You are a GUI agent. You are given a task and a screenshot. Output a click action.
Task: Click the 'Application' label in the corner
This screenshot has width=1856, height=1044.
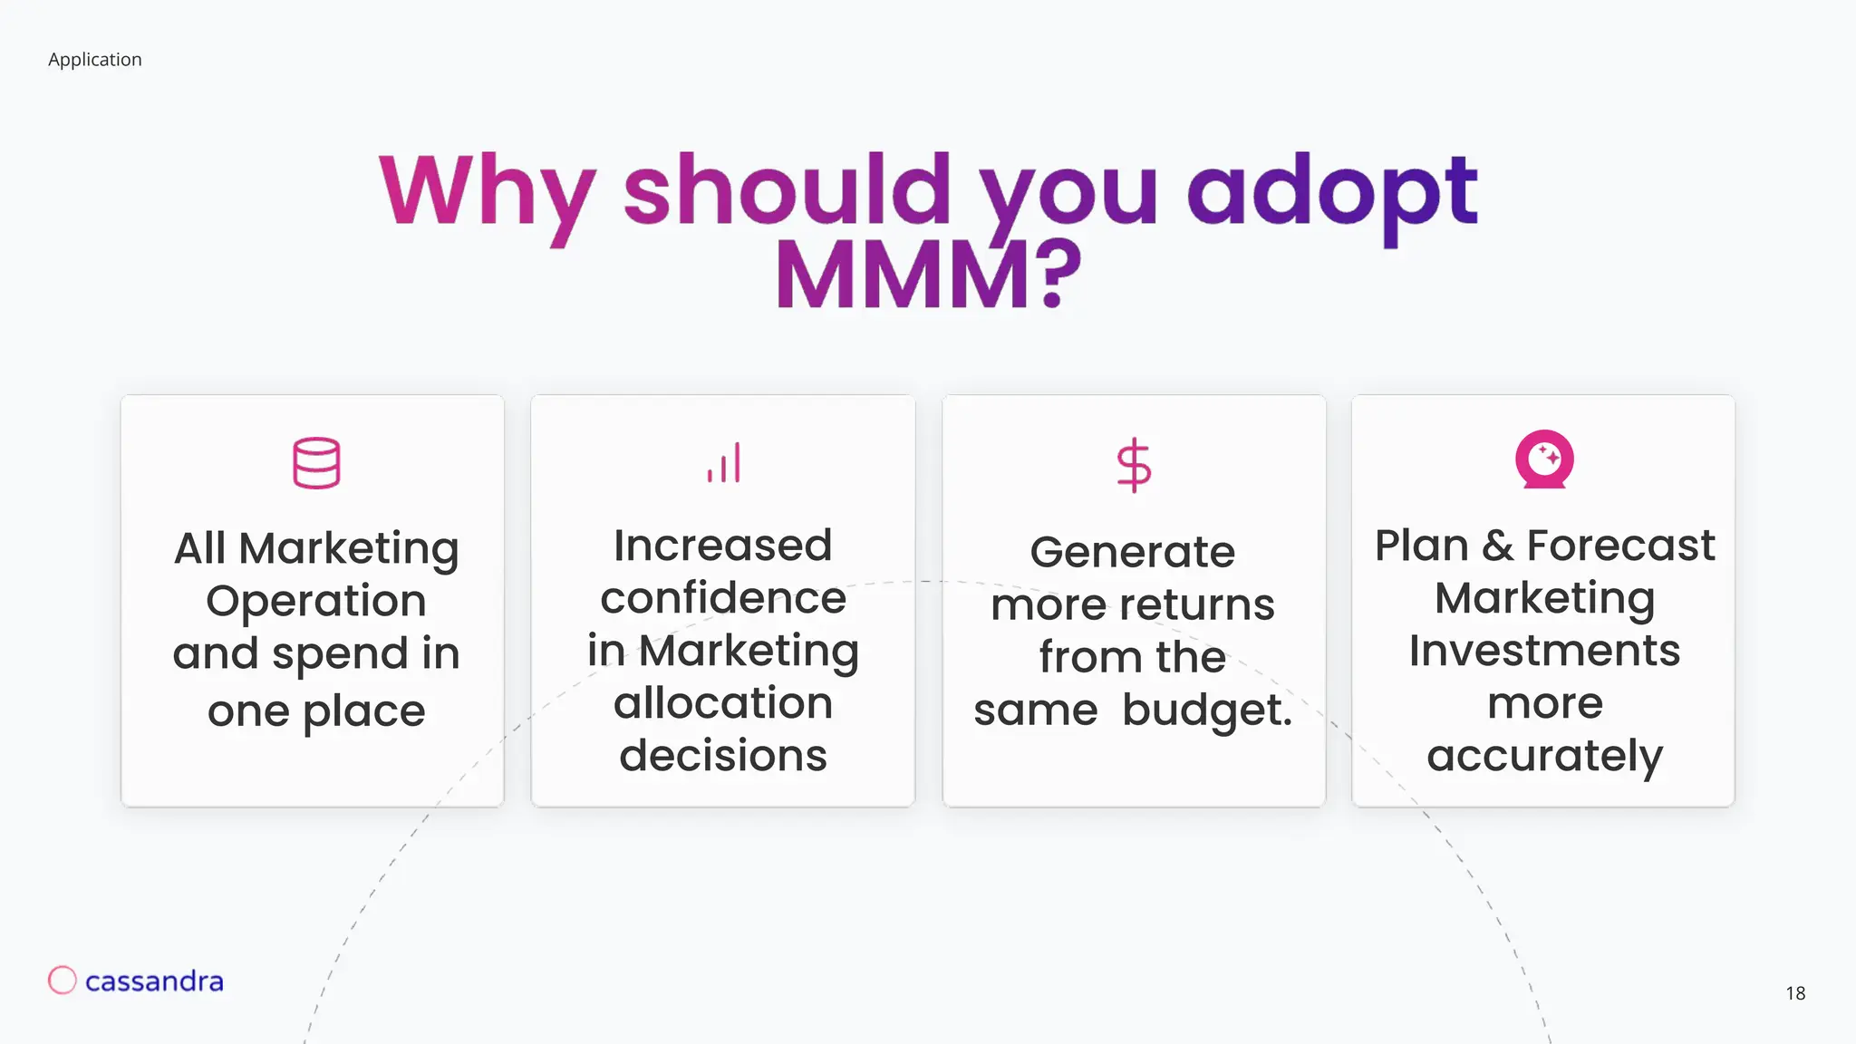coord(94,60)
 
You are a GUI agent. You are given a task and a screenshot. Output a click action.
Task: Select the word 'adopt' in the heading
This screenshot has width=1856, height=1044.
coord(1332,192)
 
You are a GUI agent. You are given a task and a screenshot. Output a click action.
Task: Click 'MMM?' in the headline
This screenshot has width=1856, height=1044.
coord(928,275)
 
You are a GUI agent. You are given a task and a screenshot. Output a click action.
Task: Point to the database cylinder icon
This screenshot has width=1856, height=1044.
coord(316,463)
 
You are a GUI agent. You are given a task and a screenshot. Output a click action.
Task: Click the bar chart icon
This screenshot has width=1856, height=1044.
coord(724,463)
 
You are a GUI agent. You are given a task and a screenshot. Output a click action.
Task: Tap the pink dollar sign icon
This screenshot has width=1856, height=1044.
coord(1134,465)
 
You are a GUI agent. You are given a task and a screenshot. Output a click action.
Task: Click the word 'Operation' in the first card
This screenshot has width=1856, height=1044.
coord(316,601)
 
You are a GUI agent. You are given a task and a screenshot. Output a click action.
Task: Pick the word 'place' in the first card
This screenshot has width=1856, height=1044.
coord(363,711)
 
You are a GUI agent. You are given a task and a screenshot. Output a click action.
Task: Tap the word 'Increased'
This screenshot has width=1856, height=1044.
coord(722,546)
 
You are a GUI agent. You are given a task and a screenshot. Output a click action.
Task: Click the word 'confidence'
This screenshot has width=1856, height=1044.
coord(722,598)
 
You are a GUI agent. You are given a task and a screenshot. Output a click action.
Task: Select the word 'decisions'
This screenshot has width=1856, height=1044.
coord(722,756)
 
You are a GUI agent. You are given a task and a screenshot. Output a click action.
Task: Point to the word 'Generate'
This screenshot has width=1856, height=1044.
coord(1132,552)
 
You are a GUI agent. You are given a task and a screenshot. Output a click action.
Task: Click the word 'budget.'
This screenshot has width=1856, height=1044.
coord(1206,710)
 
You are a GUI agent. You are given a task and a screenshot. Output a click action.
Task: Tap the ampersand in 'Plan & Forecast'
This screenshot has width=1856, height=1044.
coord(1497,546)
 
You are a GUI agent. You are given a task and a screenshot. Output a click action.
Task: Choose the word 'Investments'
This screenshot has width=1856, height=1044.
coord(1544,651)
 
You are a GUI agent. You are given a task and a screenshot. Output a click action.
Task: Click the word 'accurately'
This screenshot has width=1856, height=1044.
coord(1544,756)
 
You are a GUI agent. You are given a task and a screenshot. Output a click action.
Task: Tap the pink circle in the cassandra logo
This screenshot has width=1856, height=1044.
coord(63,980)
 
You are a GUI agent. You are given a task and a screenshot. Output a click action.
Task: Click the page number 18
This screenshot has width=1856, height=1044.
coord(1795,993)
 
